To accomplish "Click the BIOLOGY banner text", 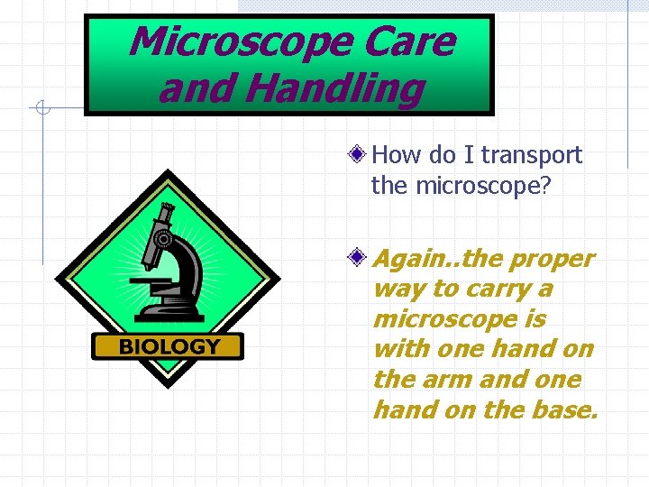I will click(169, 346).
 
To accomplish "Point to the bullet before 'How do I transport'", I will click(358, 155).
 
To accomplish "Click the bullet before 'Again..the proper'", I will click(358, 259).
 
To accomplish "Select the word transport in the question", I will click(532, 156).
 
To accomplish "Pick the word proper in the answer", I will click(552, 259).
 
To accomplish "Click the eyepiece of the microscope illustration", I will click(165, 212).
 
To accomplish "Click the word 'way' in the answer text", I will click(395, 289).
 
